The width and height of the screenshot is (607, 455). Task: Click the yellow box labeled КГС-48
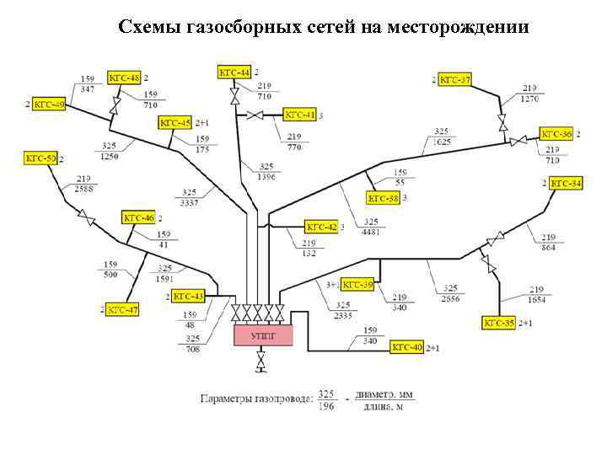tap(124, 78)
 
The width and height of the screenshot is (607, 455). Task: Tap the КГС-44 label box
tap(234, 73)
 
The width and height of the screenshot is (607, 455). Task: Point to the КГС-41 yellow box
tap(299, 115)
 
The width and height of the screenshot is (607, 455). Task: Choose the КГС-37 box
tap(454, 79)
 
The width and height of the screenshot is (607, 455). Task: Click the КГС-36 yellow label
tap(556, 134)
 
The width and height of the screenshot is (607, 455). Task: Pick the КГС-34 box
tap(565, 183)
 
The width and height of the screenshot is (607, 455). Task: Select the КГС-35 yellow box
tap(498, 322)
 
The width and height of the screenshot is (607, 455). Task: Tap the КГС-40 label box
tap(407, 346)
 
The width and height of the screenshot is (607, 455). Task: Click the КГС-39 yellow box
tap(357, 285)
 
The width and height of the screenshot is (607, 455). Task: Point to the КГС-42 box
tap(320, 227)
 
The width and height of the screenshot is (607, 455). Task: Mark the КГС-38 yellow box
tap(383, 199)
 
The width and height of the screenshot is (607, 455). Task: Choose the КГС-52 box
tap(40, 158)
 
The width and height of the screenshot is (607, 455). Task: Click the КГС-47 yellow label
tap(122, 310)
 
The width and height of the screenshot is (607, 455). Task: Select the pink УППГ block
tap(262, 335)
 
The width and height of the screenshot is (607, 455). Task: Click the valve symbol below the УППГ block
tap(261, 362)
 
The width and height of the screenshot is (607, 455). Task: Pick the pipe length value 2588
tap(83, 188)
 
